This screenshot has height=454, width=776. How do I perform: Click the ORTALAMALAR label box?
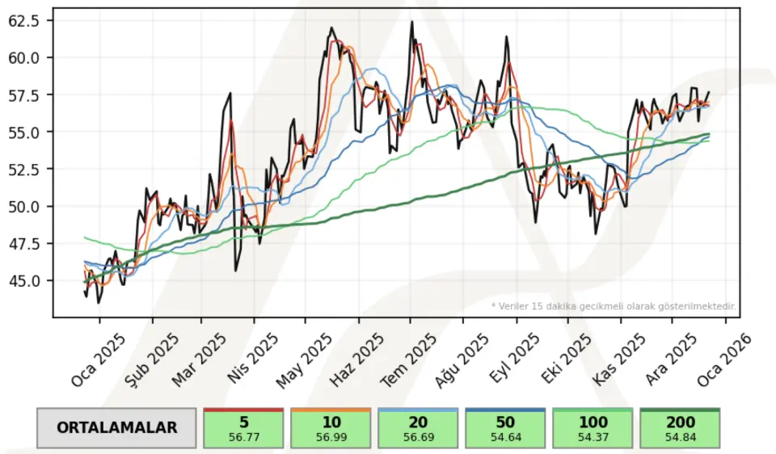coord(116,427)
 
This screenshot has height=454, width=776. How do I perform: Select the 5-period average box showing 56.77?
coord(243,428)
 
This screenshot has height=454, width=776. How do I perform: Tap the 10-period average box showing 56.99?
coord(331,428)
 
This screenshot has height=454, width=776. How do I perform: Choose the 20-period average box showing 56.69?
coord(418,428)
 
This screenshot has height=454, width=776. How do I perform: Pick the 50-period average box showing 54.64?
coord(505,428)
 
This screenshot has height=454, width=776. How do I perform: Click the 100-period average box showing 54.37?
coord(593,428)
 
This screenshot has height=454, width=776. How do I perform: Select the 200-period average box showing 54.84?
coord(680,428)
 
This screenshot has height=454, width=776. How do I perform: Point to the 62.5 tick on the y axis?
coord(23,21)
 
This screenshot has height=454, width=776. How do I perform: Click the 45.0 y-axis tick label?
coord(23,281)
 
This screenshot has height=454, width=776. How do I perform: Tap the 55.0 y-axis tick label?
coord(23,132)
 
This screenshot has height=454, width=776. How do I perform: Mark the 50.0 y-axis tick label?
coord(23,207)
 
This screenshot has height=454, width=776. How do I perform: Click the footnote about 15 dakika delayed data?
coord(614,306)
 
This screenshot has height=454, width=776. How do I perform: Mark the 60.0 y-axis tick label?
coord(23,57)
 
